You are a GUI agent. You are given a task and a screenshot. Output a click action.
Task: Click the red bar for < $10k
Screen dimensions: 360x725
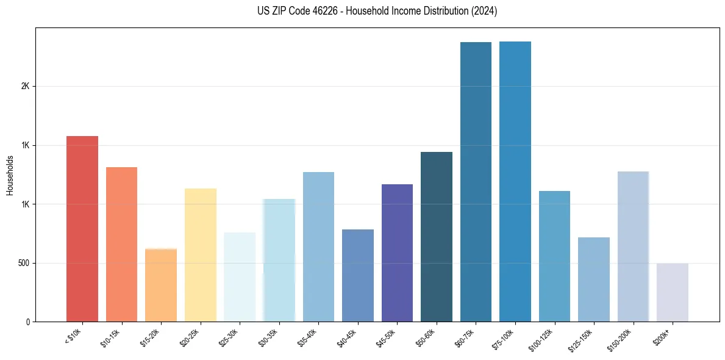(x=82, y=229)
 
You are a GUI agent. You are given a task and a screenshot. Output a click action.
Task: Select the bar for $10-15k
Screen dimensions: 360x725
(x=121, y=244)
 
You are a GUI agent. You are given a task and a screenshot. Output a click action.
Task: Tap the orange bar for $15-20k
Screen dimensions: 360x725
(x=161, y=285)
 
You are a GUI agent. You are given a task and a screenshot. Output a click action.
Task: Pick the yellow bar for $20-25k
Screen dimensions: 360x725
(x=201, y=255)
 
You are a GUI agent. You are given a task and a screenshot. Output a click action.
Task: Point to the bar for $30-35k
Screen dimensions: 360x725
(x=279, y=260)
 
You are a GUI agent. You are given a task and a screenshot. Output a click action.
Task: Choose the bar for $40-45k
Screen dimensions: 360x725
(x=358, y=275)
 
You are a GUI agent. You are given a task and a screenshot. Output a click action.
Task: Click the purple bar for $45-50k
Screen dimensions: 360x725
(x=397, y=253)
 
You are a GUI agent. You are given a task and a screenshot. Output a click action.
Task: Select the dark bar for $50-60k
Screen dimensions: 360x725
(x=437, y=237)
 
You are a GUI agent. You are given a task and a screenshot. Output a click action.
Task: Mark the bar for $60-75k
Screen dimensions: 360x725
(x=476, y=182)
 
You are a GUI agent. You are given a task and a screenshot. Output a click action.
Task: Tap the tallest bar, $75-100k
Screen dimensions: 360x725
(x=515, y=181)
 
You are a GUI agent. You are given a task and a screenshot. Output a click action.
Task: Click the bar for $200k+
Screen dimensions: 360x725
(x=673, y=292)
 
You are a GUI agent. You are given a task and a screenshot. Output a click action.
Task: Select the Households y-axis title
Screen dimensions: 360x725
(x=10, y=175)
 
